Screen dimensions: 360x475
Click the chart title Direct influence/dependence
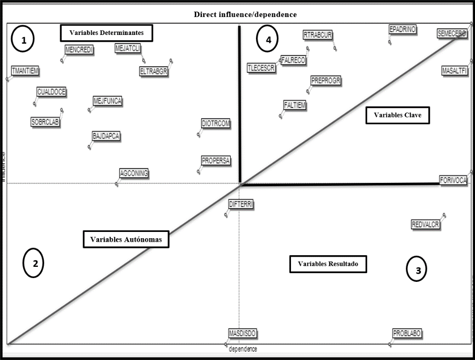[x=245, y=15]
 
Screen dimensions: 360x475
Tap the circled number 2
[x=34, y=263]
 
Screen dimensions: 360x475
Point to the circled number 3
[x=417, y=270]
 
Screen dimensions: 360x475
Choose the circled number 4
[x=268, y=40]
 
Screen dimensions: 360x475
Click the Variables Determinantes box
[x=106, y=33]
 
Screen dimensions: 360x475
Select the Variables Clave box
[x=397, y=115]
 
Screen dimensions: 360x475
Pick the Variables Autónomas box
[x=126, y=240]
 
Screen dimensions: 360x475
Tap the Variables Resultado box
[x=328, y=264]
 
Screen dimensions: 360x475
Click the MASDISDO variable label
[x=242, y=334]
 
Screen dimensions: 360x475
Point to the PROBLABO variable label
[x=407, y=334]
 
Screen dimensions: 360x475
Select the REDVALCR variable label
[x=425, y=225]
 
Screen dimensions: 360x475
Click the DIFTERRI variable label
[x=241, y=205]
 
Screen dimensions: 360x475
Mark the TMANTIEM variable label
[x=25, y=71]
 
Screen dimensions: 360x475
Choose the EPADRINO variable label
[x=403, y=30]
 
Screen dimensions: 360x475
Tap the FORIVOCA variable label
[x=453, y=180]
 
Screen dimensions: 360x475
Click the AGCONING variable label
[x=134, y=173]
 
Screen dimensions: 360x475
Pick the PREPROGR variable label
[x=326, y=81]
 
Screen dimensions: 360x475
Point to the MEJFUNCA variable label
[x=107, y=101]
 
